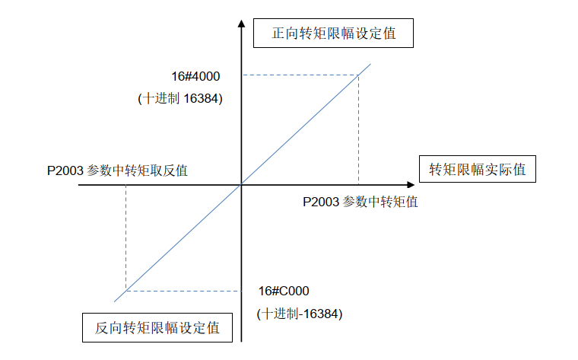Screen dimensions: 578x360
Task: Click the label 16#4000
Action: click(195, 76)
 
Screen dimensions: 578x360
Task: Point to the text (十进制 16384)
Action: click(180, 98)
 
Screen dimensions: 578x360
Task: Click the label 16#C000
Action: click(284, 291)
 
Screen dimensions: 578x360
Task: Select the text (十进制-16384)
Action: click(300, 314)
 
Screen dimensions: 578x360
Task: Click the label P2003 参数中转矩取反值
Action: click(117, 170)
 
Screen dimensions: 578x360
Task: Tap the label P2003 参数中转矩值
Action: click(360, 202)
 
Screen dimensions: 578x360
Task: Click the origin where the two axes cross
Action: click(241, 184)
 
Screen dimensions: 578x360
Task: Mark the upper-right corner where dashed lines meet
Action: click(359, 75)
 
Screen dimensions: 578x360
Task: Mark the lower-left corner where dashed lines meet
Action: click(126, 291)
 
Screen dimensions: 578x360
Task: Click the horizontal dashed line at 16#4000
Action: click(300, 75)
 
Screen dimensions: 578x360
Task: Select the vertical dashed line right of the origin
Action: click(359, 130)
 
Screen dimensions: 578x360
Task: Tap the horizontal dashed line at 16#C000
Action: click(183, 291)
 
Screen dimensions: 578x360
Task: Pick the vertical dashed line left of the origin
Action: click(126, 238)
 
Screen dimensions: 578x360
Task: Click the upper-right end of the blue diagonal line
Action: click(370, 64)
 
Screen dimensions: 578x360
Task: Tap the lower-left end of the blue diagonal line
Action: click(114, 301)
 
